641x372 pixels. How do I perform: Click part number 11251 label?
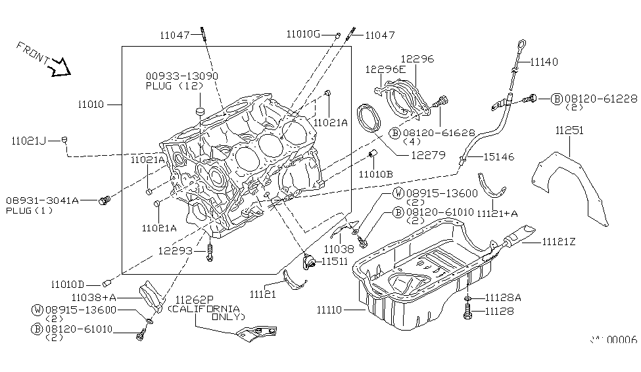569,131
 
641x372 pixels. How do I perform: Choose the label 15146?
499,157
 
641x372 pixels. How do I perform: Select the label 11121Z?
559,242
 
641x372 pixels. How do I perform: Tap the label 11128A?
503,298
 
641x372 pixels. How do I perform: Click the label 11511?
334,261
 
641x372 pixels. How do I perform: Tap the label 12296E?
386,69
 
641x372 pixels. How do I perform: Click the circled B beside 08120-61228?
556,99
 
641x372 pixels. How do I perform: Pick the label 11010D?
68,285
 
